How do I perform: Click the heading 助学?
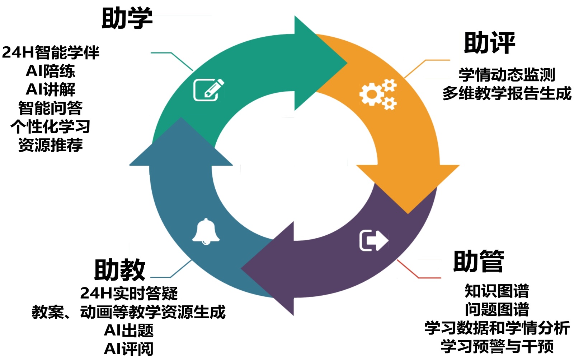(127, 18)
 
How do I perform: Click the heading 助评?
(489, 43)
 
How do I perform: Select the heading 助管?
(479, 261)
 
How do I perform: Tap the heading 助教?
(120, 270)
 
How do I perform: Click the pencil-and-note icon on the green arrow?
(208, 90)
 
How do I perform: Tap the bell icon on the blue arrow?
(206, 232)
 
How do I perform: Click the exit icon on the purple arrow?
(373, 240)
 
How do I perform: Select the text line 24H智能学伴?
(51, 52)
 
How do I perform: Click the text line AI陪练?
(51, 71)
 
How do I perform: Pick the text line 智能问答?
(51, 108)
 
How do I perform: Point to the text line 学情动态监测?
(507, 75)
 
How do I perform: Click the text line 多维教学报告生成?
(507, 93)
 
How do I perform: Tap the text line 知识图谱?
(497, 291)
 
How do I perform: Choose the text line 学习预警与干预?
(497, 346)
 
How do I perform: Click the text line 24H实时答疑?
(129, 293)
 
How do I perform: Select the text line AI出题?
(129, 330)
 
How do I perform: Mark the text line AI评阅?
(129, 349)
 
